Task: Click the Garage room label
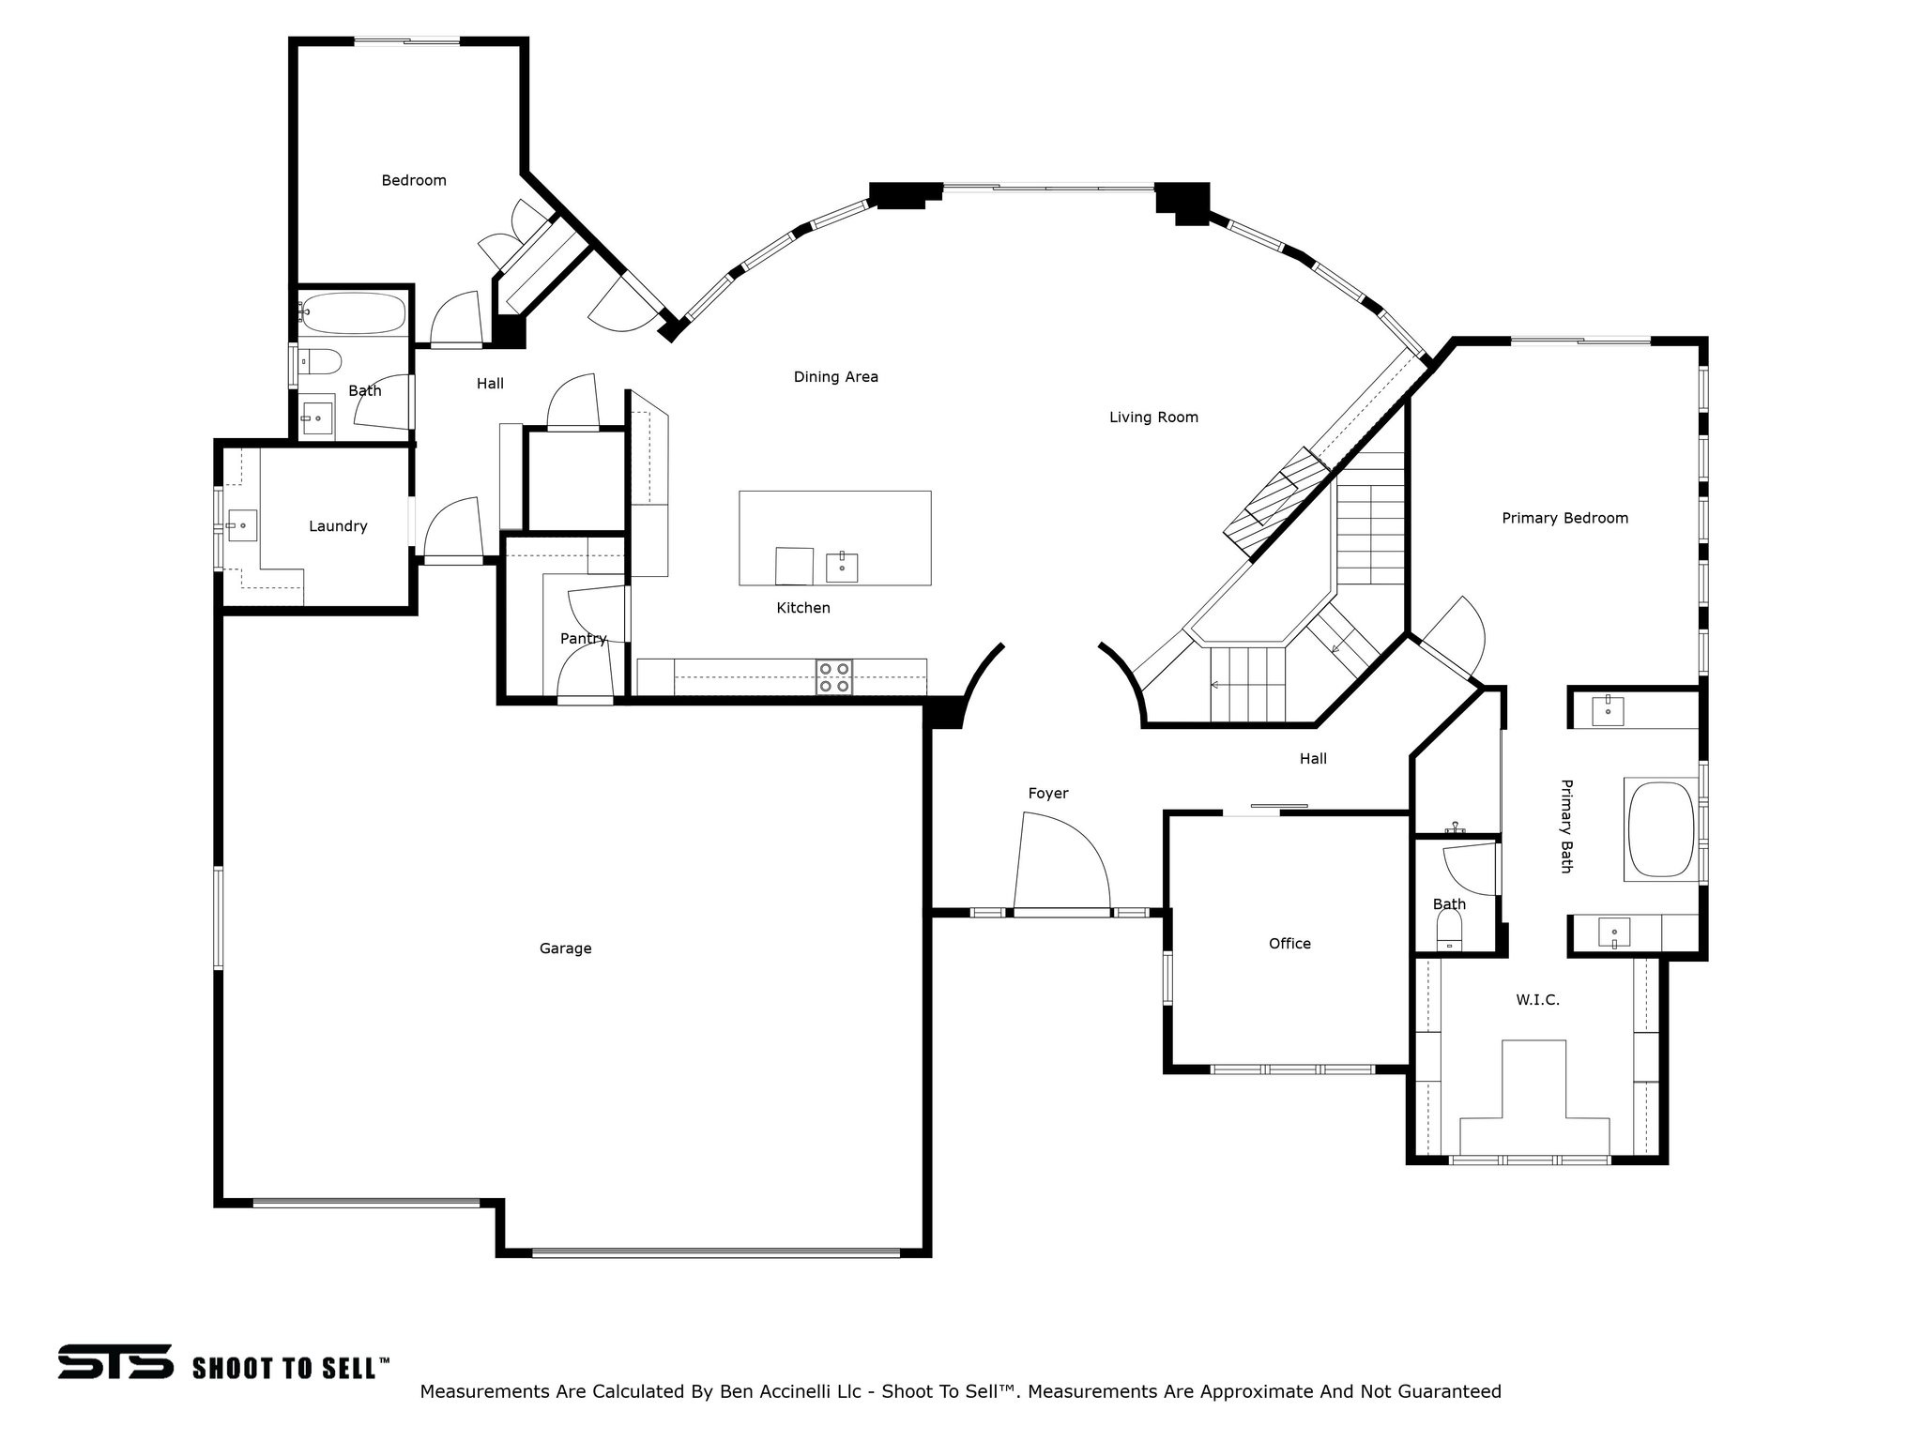(x=565, y=948)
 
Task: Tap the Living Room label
(x=1153, y=417)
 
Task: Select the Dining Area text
(x=835, y=377)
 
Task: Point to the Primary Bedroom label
(x=1564, y=518)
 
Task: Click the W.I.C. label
(x=1537, y=1000)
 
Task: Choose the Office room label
(x=1289, y=944)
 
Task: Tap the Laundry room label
(x=338, y=526)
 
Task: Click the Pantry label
(x=583, y=639)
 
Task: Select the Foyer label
(x=1047, y=794)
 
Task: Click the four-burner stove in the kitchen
(x=834, y=677)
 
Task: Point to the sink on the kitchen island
(x=842, y=568)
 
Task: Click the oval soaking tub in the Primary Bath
(x=1660, y=831)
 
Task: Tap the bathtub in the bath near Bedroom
(x=352, y=314)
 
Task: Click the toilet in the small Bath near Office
(x=1450, y=931)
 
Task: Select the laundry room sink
(x=242, y=525)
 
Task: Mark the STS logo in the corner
(x=115, y=1361)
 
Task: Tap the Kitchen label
(x=803, y=608)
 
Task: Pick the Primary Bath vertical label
(x=1565, y=826)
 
